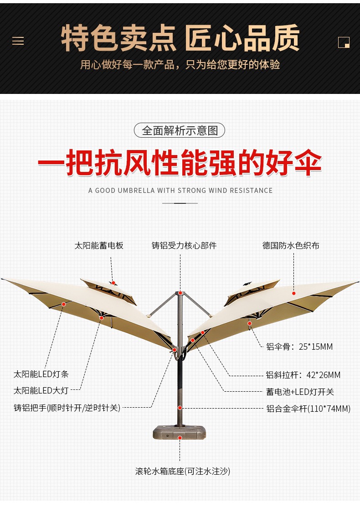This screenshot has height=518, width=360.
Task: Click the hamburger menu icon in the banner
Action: coord(18,41)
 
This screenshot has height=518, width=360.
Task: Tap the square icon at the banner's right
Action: coord(344,42)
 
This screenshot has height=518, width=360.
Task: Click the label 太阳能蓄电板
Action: coord(99,246)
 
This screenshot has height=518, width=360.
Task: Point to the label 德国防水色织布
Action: coord(291,246)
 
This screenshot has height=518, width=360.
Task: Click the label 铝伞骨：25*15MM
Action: coord(299,347)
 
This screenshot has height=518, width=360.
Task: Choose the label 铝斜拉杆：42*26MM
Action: coord(303,375)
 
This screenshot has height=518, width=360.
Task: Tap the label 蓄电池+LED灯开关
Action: coord(300,392)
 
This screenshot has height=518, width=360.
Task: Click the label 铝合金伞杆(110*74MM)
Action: coord(309,409)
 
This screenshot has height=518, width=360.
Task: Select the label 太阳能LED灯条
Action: coord(41,374)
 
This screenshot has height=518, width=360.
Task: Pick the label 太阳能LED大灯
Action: coord(41,391)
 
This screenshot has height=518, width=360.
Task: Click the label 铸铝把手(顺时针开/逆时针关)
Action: coord(67,408)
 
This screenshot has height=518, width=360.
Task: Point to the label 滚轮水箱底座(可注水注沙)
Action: coord(183,471)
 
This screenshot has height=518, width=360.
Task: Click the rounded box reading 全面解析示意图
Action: coord(180,131)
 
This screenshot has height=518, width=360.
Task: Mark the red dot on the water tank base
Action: coord(180,438)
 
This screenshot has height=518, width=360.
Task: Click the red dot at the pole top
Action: coord(180,293)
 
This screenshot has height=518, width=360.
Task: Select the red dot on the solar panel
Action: coord(113,283)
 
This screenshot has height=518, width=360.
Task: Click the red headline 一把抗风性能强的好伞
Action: coord(180,162)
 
